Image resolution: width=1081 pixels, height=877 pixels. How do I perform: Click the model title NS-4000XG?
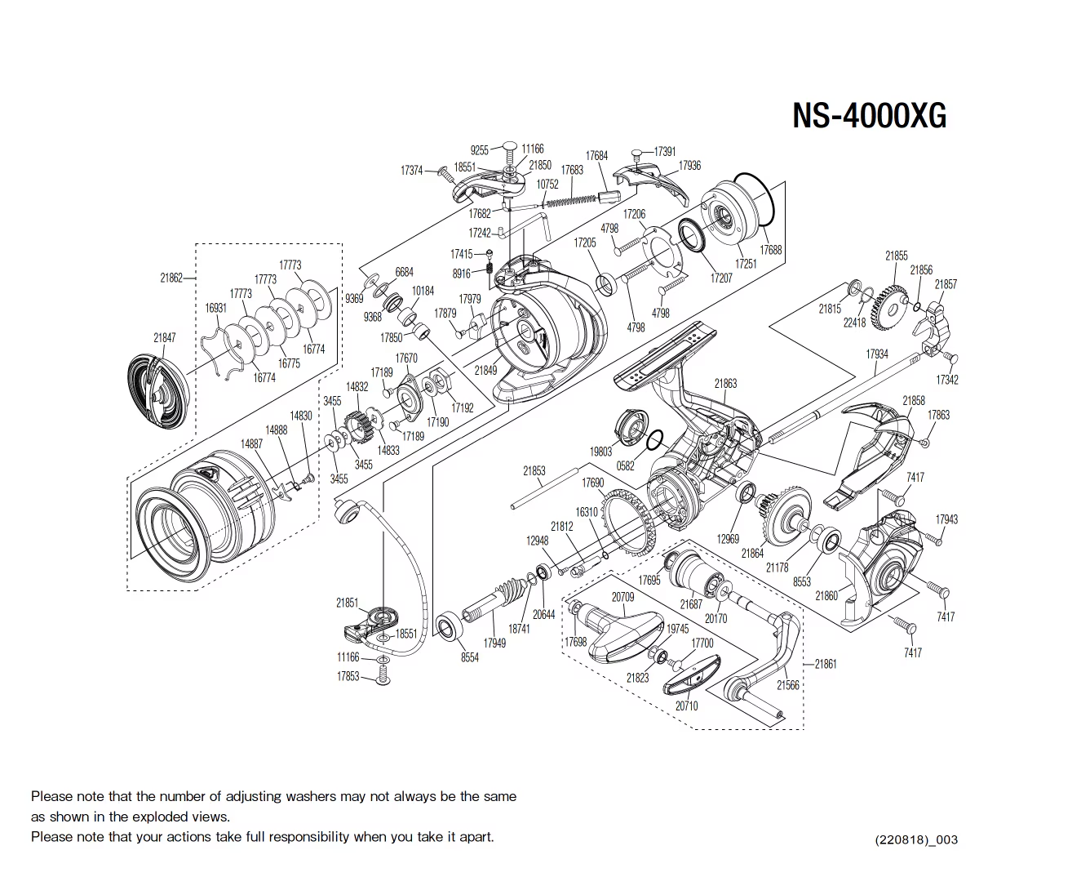coord(869,116)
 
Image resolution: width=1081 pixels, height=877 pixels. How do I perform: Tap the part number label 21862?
coord(171,278)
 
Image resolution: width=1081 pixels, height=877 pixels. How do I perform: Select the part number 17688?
coord(770,250)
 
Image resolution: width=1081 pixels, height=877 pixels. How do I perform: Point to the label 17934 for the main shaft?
coord(877,354)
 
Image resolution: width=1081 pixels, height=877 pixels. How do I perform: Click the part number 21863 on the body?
coord(725,383)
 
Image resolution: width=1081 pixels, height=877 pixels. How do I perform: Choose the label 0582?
coord(626,466)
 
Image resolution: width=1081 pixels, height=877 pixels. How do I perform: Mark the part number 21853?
coord(534,471)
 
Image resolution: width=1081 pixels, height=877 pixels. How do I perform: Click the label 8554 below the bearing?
coord(469,657)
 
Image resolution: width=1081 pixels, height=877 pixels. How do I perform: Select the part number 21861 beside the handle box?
coord(826,664)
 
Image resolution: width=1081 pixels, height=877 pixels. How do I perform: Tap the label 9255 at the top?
coord(480,150)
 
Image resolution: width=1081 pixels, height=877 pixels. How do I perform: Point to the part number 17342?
coord(947,381)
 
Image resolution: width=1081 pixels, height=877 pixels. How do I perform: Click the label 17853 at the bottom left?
coord(348,676)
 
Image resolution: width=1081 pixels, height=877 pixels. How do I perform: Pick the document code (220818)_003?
coord(916,839)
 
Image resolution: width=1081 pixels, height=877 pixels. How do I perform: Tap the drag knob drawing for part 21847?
coord(159,391)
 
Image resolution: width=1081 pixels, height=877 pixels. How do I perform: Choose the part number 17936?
coord(689,166)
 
